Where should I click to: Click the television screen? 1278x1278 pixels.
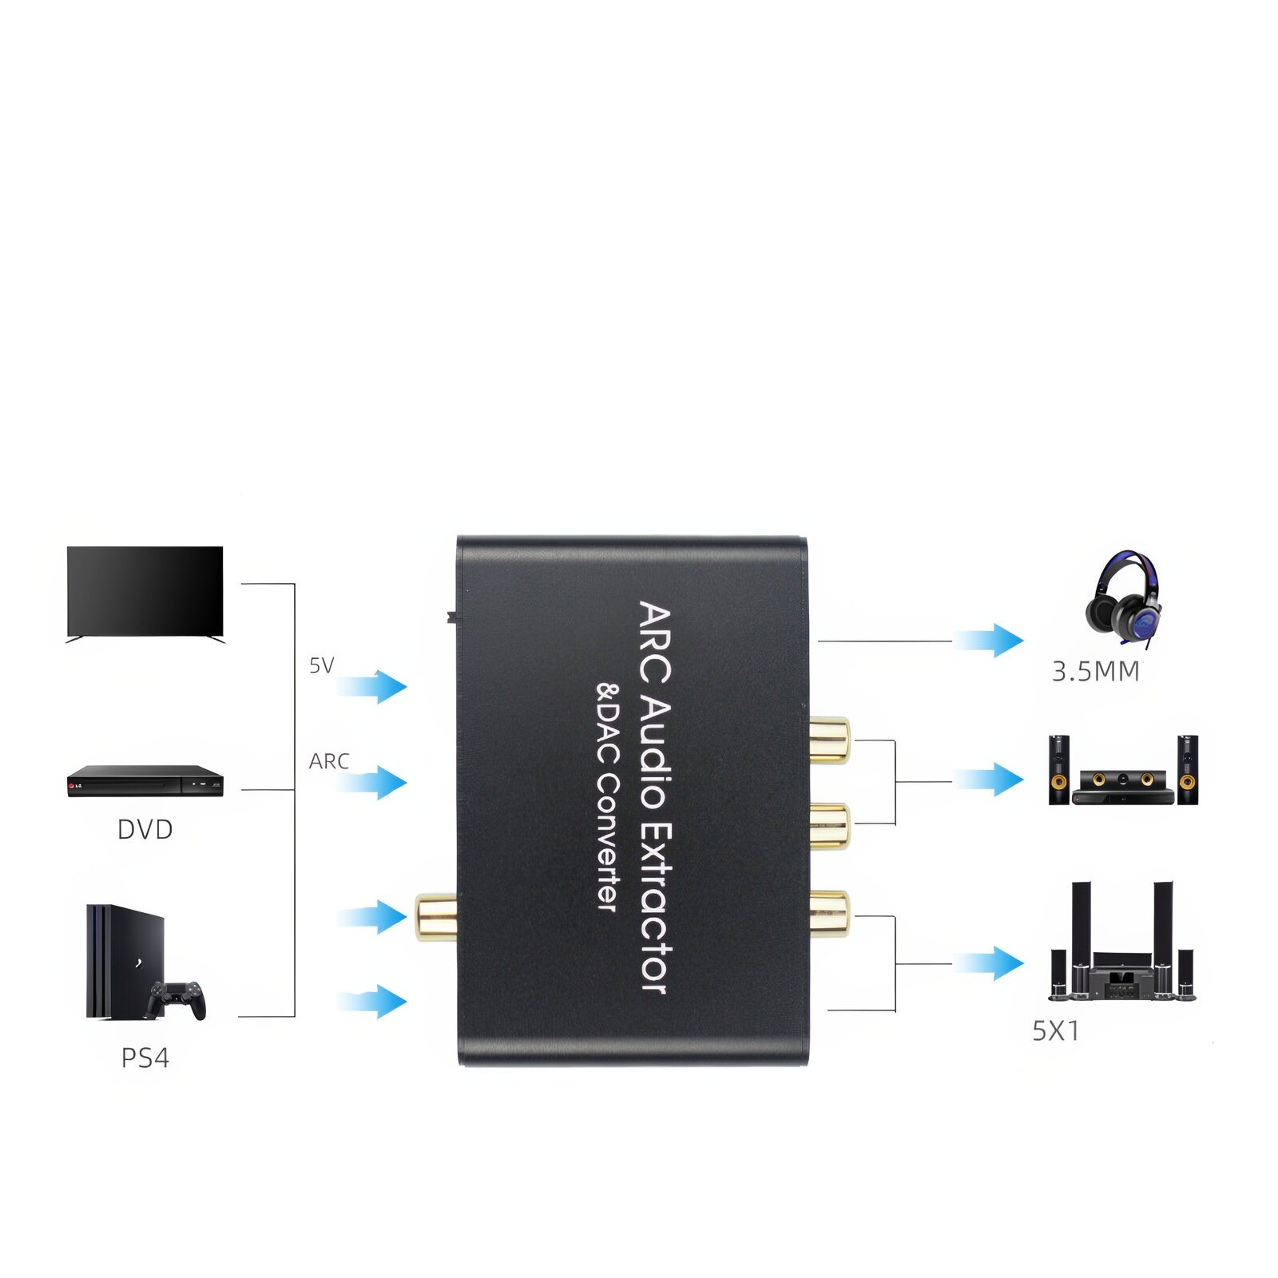click(x=145, y=590)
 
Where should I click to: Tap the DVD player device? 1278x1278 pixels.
click(x=145, y=780)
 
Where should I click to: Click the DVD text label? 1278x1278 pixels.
click(x=145, y=830)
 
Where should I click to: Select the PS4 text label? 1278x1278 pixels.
click(x=145, y=1058)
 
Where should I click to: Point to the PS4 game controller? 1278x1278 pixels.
click(x=177, y=999)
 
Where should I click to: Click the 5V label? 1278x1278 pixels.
click(x=321, y=665)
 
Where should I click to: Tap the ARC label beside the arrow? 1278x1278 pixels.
click(x=329, y=761)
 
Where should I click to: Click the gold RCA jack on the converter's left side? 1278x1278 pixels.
click(x=435, y=917)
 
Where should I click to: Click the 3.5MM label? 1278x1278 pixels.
click(x=1095, y=672)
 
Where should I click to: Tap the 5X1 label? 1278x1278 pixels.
click(x=1055, y=1031)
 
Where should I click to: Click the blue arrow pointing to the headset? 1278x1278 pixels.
click(x=990, y=640)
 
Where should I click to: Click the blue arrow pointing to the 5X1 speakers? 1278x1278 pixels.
click(x=990, y=963)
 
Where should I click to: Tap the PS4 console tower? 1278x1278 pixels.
click(x=120, y=958)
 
